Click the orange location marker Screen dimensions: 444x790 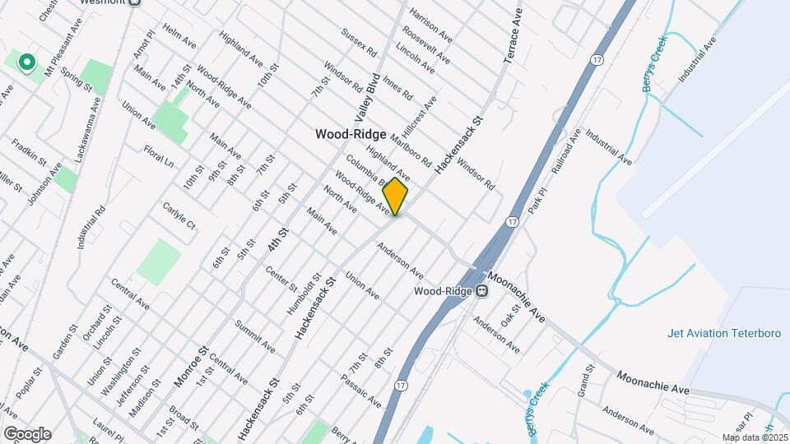click(395, 196)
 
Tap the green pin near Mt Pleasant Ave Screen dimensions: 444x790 click(26, 62)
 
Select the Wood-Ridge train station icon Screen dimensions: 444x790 click(482, 291)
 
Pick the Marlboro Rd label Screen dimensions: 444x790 click(411, 150)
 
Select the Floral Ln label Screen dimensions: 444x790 click(159, 157)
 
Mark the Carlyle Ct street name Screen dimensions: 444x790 click(179, 215)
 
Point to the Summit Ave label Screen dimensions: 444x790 click(254, 336)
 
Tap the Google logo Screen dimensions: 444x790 click(27, 433)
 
